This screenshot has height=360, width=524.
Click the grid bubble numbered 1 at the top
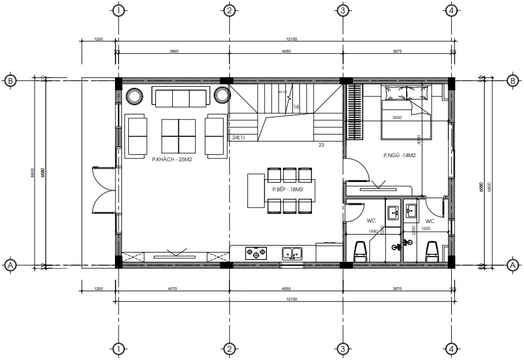pos(118,10)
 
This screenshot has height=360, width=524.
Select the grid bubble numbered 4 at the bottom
pos(452,348)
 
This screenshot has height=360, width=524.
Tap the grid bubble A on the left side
pos(10,265)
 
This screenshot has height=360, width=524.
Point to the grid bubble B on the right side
pos(512,81)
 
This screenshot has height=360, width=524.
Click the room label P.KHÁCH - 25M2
pos(172,159)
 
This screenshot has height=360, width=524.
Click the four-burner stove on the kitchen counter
pos(256,253)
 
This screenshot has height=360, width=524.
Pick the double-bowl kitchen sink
pos(292,253)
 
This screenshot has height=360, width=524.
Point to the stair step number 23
pos(321,146)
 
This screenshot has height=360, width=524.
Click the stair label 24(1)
pos(238,138)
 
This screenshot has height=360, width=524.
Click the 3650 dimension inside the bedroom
pos(396,118)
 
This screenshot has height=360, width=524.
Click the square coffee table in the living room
pos(178,136)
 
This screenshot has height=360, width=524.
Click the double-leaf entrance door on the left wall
pos(105,190)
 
